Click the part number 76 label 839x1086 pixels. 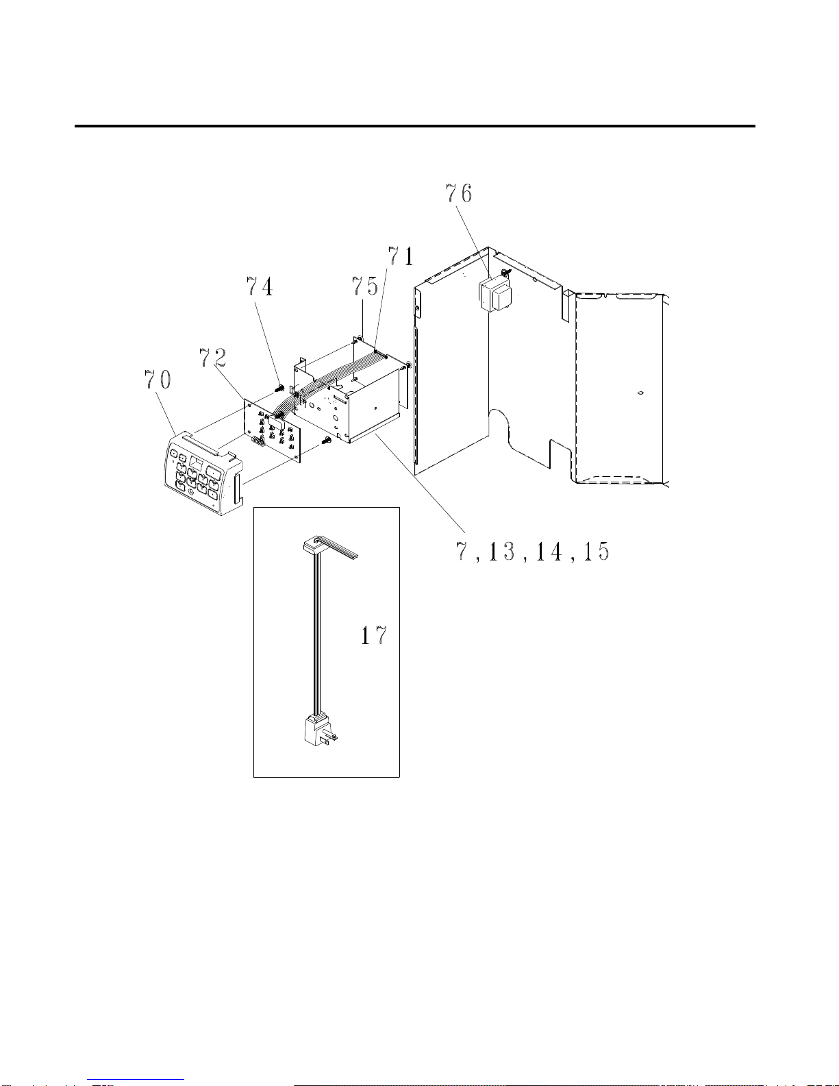[x=458, y=193]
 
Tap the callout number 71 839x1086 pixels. [x=401, y=256]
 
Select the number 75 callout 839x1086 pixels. [x=365, y=286]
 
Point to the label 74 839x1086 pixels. [x=260, y=286]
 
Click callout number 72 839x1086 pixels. [x=213, y=358]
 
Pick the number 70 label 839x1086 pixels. [x=158, y=380]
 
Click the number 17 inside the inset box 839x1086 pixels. [x=373, y=635]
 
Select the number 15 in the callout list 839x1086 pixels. [x=597, y=552]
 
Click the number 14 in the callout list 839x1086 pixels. [x=549, y=552]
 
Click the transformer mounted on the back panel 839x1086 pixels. [x=495, y=294]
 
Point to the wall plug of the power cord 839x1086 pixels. [x=320, y=733]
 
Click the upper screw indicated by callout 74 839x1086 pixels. [x=279, y=388]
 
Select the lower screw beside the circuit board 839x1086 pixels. [x=327, y=440]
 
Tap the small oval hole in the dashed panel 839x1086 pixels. [x=641, y=393]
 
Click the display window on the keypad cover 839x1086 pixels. [x=197, y=462]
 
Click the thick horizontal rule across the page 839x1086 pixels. [x=415, y=126]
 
